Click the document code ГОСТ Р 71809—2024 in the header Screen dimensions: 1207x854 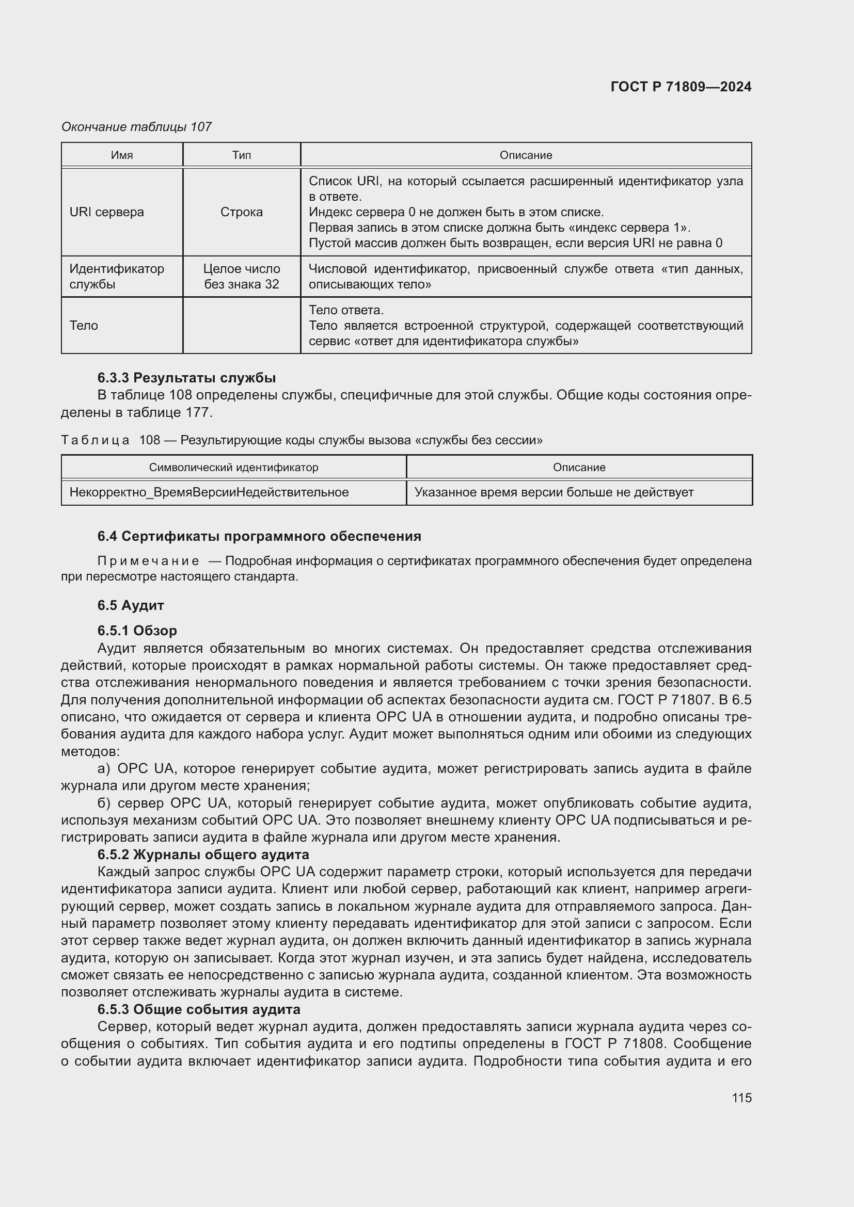[x=681, y=87]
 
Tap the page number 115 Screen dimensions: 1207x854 [x=741, y=1098]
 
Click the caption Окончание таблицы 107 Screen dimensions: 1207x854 [x=136, y=127]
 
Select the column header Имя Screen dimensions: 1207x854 [x=121, y=155]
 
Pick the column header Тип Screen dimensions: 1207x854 [x=241, y=155]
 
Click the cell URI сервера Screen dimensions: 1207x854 [x=107, y=212]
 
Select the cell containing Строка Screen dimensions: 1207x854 [x=241, y=212]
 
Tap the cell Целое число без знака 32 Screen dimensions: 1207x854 [x=241, y=277]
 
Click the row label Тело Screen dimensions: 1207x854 [x=84, y=326]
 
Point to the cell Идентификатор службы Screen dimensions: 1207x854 [x=117, y=277]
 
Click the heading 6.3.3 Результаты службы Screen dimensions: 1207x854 [x=187, y=378]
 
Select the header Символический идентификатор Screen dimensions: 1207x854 [x=233, y=468]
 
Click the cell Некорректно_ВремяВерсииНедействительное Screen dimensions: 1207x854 [x=209, y=493]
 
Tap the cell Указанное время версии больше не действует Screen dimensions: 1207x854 [x=553, y=493]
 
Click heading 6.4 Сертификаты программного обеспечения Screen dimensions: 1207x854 [x=259, y=536]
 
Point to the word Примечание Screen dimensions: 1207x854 [x=148, y=561]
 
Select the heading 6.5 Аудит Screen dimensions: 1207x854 [x=131, y=605]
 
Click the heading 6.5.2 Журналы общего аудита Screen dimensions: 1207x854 [x=203, y=854]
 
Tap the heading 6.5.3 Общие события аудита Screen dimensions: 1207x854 [x=199, y=1009]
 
